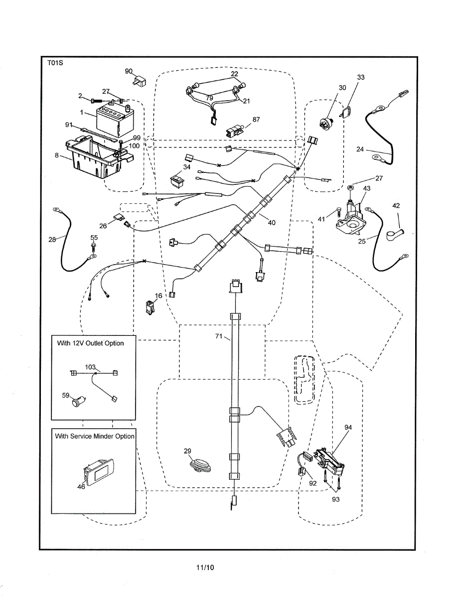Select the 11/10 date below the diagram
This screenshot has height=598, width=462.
click(205, 567)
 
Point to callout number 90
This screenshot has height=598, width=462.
click(129, 72)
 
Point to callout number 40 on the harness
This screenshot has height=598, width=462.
click(272, 222)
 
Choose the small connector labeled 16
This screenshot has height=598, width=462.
click(150, 307)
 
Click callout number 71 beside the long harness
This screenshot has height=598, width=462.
click(218, 337)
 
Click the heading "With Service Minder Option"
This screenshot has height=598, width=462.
click(95, 436)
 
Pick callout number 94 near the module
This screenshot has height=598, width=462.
click(348, 427)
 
